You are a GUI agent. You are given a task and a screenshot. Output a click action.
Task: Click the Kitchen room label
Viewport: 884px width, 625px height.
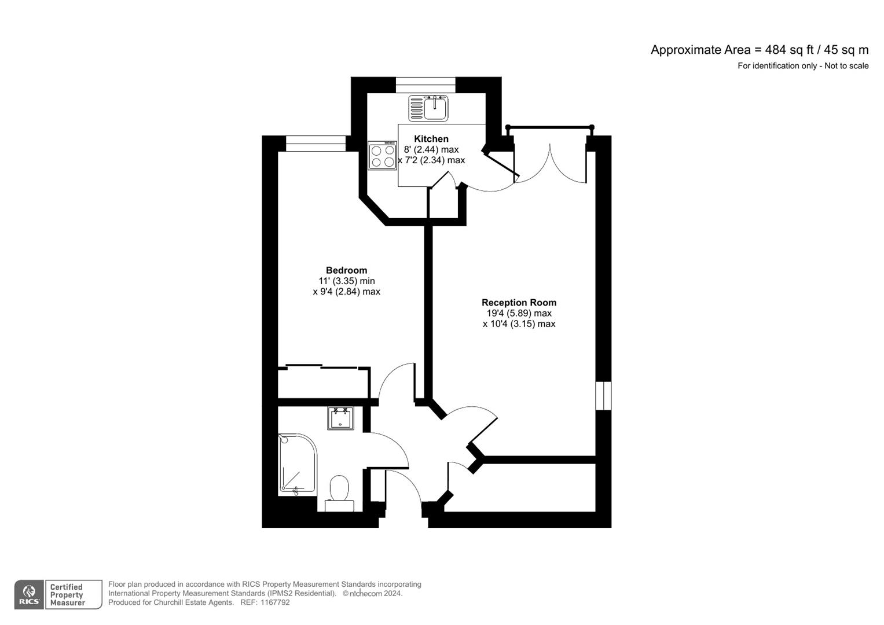point(431,139)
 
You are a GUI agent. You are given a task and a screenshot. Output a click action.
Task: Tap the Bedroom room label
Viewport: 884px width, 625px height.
point(347,270)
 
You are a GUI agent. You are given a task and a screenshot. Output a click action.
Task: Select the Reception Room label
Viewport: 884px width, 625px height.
point(519,303)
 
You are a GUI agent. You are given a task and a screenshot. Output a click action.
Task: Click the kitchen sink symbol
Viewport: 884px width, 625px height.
point(428,108)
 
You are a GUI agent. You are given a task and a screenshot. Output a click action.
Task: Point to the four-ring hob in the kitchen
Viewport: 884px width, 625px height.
point(383,156)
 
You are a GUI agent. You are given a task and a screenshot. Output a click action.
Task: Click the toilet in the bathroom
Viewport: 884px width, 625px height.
point(339,493)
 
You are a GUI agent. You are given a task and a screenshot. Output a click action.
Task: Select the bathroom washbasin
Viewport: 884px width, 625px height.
point(340,418)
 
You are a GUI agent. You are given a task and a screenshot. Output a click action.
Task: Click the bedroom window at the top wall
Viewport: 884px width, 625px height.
point(316,144)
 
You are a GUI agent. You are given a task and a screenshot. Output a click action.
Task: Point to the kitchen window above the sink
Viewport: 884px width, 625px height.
point(426,85)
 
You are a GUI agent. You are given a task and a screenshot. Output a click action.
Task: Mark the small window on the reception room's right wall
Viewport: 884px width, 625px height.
point(603,395)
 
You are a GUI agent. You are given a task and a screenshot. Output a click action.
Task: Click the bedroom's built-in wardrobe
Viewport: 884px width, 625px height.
point(324,382)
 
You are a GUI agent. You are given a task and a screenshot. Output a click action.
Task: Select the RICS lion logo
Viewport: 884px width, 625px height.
point(29,594)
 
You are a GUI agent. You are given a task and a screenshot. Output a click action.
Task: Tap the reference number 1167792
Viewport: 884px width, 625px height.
point(276,602)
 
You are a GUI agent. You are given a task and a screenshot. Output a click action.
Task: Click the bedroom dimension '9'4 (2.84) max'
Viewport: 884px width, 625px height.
point(347,292)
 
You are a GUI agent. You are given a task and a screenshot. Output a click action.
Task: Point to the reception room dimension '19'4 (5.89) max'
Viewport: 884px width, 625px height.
point(519,313)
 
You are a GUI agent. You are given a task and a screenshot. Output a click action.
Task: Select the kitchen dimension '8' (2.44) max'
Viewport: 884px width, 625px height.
point(431,149)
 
